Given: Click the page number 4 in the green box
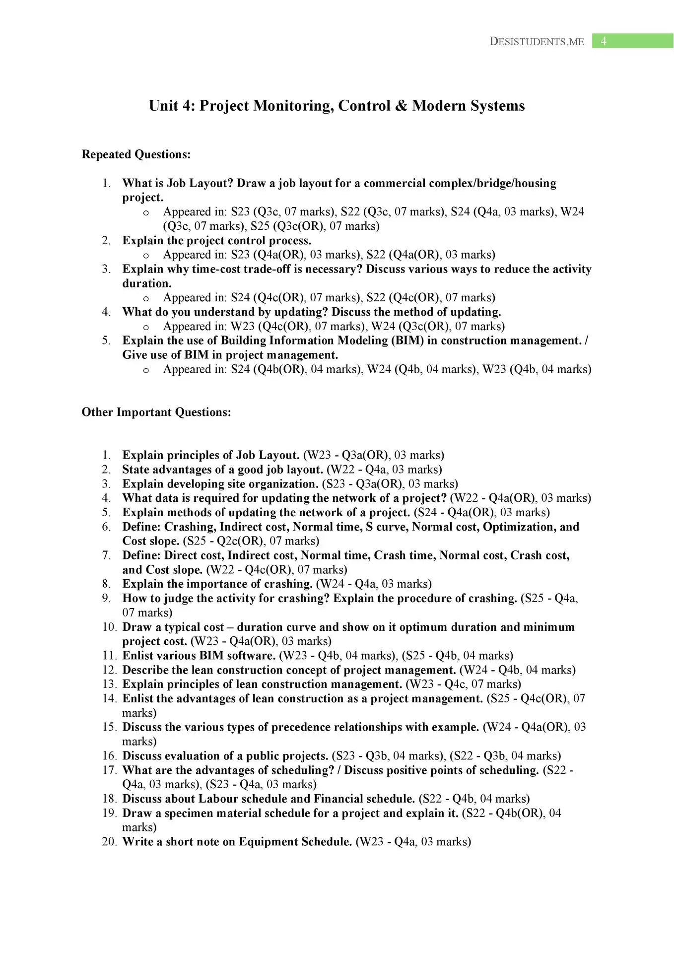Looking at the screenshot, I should (x=604, y=41).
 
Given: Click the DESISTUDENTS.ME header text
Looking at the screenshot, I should (x=537, y=42).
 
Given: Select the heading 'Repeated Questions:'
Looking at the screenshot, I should (x=136, y=154).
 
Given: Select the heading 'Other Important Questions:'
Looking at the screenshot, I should (x=156, y=412).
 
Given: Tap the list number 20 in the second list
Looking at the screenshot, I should (x=109, y=841).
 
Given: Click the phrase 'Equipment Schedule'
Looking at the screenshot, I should (x=295, y=841).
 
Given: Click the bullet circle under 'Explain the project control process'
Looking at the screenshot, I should (x=146, y=256).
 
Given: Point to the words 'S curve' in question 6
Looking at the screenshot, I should (x=387, y=527).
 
